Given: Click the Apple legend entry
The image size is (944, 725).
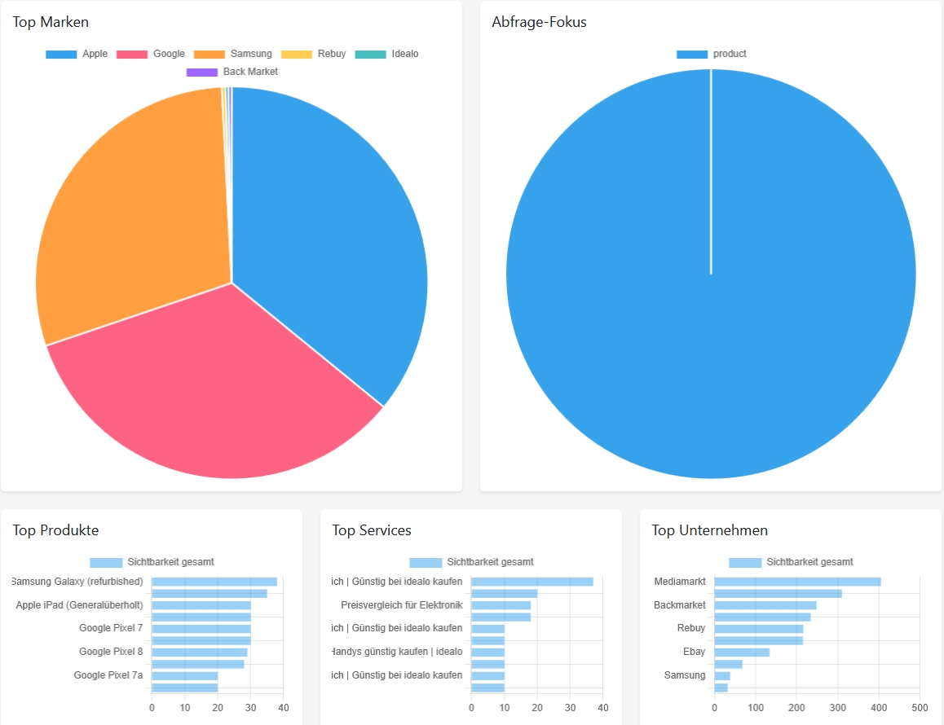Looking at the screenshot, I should [77, 54].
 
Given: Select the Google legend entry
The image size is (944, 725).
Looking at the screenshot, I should [151, 54].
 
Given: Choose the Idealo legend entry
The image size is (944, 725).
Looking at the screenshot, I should [386, 54].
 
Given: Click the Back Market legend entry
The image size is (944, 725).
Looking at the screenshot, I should [232, 72].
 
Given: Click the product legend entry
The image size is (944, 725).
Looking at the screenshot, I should [712, 54].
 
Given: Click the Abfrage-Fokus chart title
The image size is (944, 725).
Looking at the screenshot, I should [539, 22].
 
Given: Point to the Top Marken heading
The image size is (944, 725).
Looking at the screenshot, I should [51, 22].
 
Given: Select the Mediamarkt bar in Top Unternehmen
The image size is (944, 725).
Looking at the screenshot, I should [797, 582].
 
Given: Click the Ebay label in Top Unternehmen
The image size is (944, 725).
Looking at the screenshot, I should [694, 652].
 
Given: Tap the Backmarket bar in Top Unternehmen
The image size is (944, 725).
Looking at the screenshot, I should [765, 605].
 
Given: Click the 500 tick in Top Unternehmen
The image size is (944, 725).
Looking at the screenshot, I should [920, 708].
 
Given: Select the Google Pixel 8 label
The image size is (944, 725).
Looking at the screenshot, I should [111, 652].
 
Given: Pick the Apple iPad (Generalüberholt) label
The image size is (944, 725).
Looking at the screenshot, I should [79, 605].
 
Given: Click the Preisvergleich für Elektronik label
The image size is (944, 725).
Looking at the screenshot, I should [401, 605].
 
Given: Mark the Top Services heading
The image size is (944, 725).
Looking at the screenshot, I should [371, 530].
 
